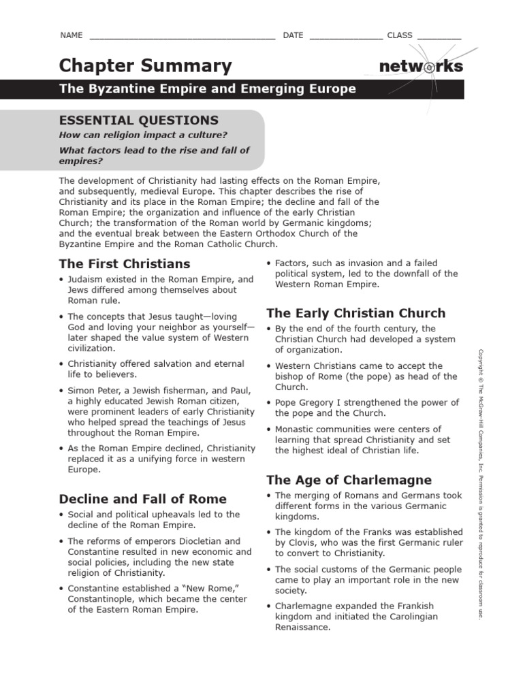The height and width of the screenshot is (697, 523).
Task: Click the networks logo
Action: [421, 67]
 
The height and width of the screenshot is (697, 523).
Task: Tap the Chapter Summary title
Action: [145, 66]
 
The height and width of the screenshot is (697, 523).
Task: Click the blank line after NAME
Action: [182, 36]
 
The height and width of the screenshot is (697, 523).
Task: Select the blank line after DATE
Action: [346, 36]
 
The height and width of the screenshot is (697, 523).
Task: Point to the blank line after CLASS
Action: [439, 36]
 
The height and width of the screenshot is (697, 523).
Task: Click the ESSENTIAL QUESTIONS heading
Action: [139, 120]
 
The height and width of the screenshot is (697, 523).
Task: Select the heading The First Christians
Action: [125, 263]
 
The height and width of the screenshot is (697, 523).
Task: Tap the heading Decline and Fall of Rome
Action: [143, 498]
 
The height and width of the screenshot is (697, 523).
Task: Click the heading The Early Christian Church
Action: [355, 313]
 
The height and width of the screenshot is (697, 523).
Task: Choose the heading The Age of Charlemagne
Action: [349, 479]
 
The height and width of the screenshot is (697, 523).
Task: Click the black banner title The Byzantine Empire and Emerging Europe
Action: [207, 89]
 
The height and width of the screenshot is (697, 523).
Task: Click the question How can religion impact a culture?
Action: [143, 135]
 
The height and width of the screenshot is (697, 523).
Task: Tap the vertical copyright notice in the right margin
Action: [480, 483]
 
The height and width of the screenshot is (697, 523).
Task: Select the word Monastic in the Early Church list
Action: [296, 429]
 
